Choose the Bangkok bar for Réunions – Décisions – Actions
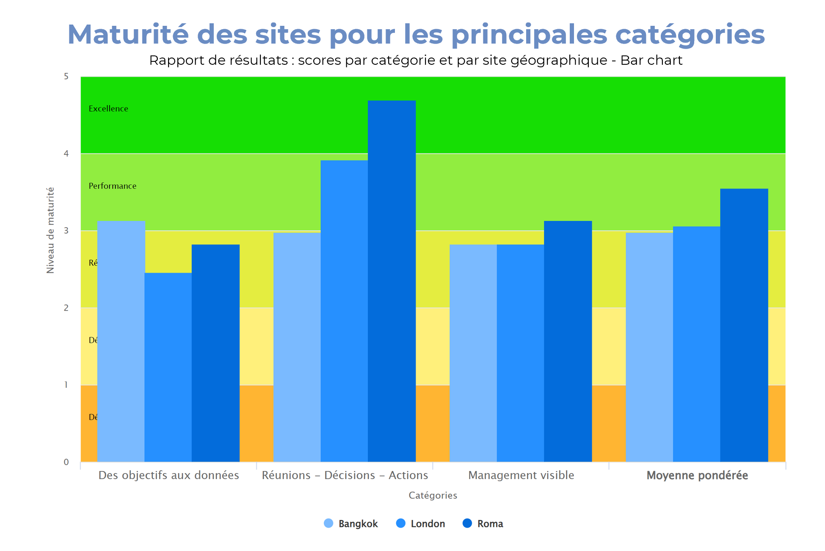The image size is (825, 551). (x=297, y=347)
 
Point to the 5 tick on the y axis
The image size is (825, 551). (x=66, y=77)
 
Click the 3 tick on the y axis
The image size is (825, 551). (x=66, y=231)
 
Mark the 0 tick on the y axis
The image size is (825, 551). (x=66, y=462)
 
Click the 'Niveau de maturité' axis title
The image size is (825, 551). (x=50, y=230)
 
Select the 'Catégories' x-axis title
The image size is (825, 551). (x=433, y=495)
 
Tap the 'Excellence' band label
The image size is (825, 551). (x=108, y=109)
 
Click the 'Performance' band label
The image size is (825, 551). (x=112, y=186)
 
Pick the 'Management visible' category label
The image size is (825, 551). (x=521, y=475)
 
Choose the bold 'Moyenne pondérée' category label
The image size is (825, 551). (x=697, y=475)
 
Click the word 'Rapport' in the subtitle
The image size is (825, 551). (x=174, y=61)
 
